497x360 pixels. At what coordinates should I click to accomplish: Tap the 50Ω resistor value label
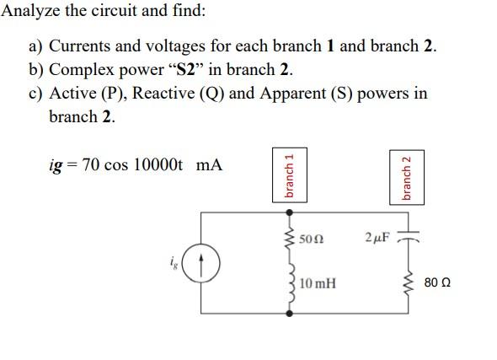[x=311, y=239]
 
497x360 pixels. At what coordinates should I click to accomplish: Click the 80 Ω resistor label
[x=438, y=283]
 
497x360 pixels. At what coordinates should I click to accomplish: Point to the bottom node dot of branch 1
[x=291, y=313]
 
